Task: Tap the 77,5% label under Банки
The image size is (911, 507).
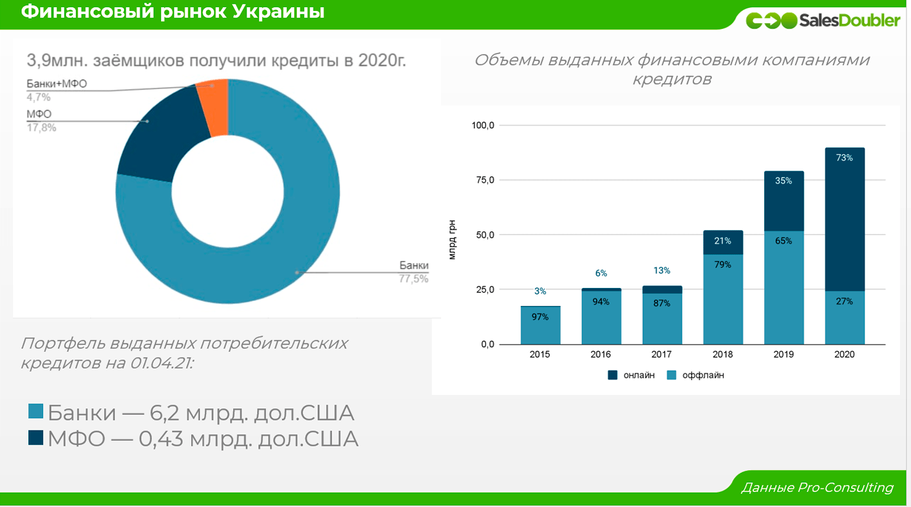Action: tap(413, 278)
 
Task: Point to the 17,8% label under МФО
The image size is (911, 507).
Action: tap(41, 128)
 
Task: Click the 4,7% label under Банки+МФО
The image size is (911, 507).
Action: tap(39, 97)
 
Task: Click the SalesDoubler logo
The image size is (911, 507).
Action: tap(823, 21)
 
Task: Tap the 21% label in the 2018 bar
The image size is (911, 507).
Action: tap(722, 241)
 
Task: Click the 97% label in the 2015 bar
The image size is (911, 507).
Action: tap(540, 316)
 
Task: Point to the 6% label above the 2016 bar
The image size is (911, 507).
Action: tap(601, 273)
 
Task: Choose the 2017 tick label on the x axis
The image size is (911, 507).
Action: tap(662, 354)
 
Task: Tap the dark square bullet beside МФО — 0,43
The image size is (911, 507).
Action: tap(36, 439)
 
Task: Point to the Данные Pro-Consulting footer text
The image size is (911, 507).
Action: tap(816, 488)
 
